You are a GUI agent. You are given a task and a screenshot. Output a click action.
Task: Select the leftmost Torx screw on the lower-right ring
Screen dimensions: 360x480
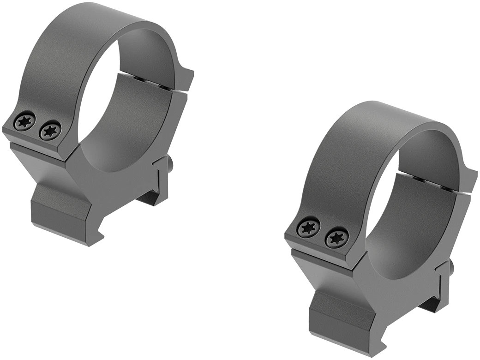click(x=306, y=228)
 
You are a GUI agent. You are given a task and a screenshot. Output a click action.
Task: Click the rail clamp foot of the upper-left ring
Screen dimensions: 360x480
click(x=60, y=212)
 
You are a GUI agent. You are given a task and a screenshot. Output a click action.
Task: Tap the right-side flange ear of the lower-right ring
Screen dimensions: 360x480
click(x=471, y=180)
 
